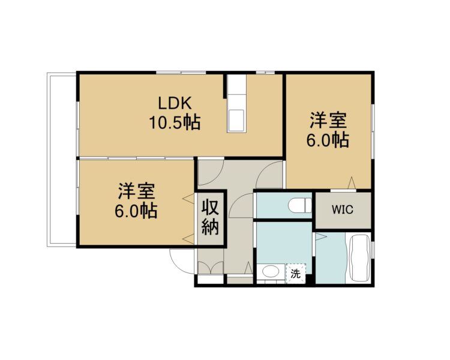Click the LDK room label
tap(175, 103)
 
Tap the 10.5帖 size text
tap(175, 122)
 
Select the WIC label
tap(343, 209)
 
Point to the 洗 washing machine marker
tap(296, 274)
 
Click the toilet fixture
tap(299, 206)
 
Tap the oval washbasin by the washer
tap(271, 271)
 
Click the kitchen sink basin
tap(236, 120)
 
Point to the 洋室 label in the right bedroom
tap(328, 121)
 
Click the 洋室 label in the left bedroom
tap(136, 191)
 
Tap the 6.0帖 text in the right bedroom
tap(328, 140)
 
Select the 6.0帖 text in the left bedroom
tap(136, 211)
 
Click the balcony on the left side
tap(62, 160)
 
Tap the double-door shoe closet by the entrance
tap(211, 268)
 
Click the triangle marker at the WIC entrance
tap(352, 183)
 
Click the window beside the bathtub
tap(373, 250)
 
